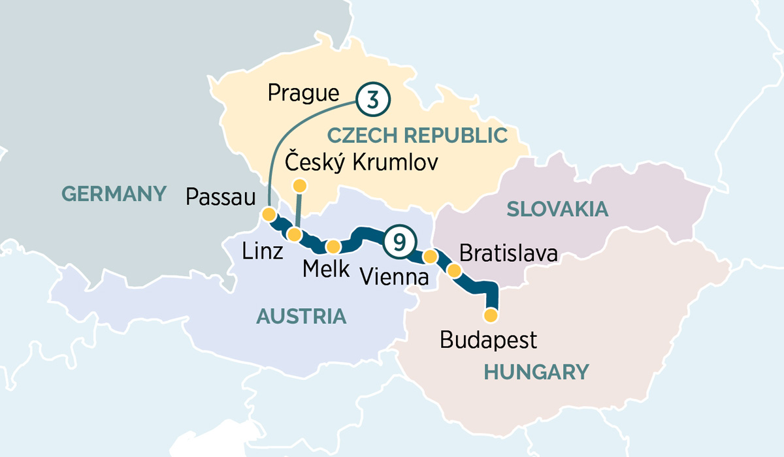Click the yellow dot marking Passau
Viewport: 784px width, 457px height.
(268, 214)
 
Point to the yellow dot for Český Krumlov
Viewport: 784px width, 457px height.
(299, 186)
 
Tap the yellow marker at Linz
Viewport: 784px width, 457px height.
(295, 234)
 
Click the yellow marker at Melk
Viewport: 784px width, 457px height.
(333, 246)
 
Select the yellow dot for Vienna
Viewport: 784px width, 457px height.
(430, 256)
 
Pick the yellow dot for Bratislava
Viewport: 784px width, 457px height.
(453, 270)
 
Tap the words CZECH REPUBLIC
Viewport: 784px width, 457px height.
(417, 136)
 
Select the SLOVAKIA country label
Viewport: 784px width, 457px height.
(557, 209)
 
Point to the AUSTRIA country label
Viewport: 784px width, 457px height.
(301, 317)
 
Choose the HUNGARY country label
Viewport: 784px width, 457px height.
(536, 372)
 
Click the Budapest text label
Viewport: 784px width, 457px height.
(489, 340)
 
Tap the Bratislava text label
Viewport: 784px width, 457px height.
(509, 253)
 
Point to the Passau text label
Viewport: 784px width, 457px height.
(220, 196)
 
